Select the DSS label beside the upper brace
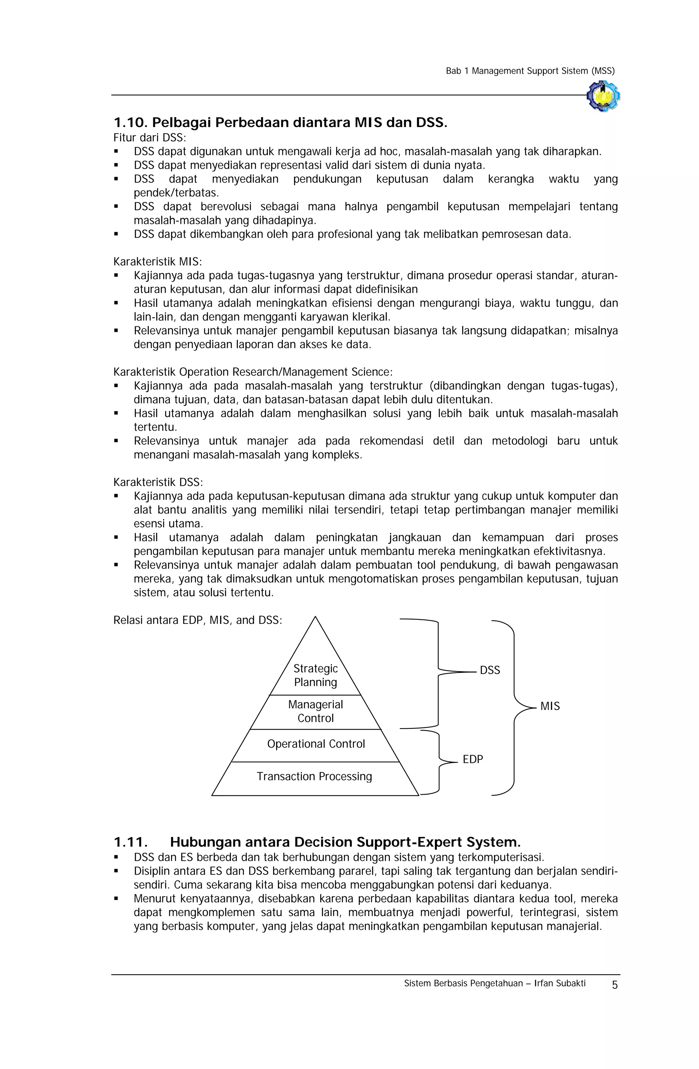point(490,670)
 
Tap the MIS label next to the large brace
point(550,706)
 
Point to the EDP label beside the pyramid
point(473,759)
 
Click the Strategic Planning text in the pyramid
point(315,675)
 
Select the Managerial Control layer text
point(315,711)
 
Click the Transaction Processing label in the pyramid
point(314,776)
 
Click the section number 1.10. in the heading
point(131,123)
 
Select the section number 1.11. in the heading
point(131,842)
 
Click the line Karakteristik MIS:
point(158,261)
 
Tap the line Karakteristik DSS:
point(158,482)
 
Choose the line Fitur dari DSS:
point(149,138)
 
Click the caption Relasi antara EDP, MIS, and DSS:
point(198,620)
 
